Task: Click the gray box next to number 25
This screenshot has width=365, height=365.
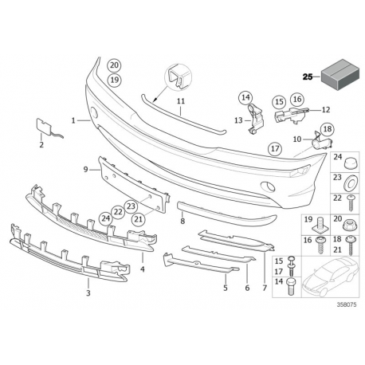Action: [340, 74]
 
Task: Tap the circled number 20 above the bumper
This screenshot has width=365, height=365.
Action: [114, 65]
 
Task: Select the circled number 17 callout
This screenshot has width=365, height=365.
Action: [275, 148]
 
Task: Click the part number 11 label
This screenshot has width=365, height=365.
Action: [181, 101]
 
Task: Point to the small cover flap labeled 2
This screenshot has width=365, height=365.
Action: [47, 128]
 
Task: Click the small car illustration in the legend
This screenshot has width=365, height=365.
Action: [330, 277]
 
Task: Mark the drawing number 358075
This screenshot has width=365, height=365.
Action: [347, 304]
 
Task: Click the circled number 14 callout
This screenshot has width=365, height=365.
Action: [245, 97]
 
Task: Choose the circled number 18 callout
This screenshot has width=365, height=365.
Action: [328, 129]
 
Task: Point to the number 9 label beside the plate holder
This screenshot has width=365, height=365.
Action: [85, 169]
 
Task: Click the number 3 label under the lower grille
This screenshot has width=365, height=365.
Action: [88, 293]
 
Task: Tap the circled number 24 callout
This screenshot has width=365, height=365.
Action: [106, 218]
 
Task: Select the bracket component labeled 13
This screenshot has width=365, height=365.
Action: [255, 119]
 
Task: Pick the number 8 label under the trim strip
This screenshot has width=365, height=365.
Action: [182, 221]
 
